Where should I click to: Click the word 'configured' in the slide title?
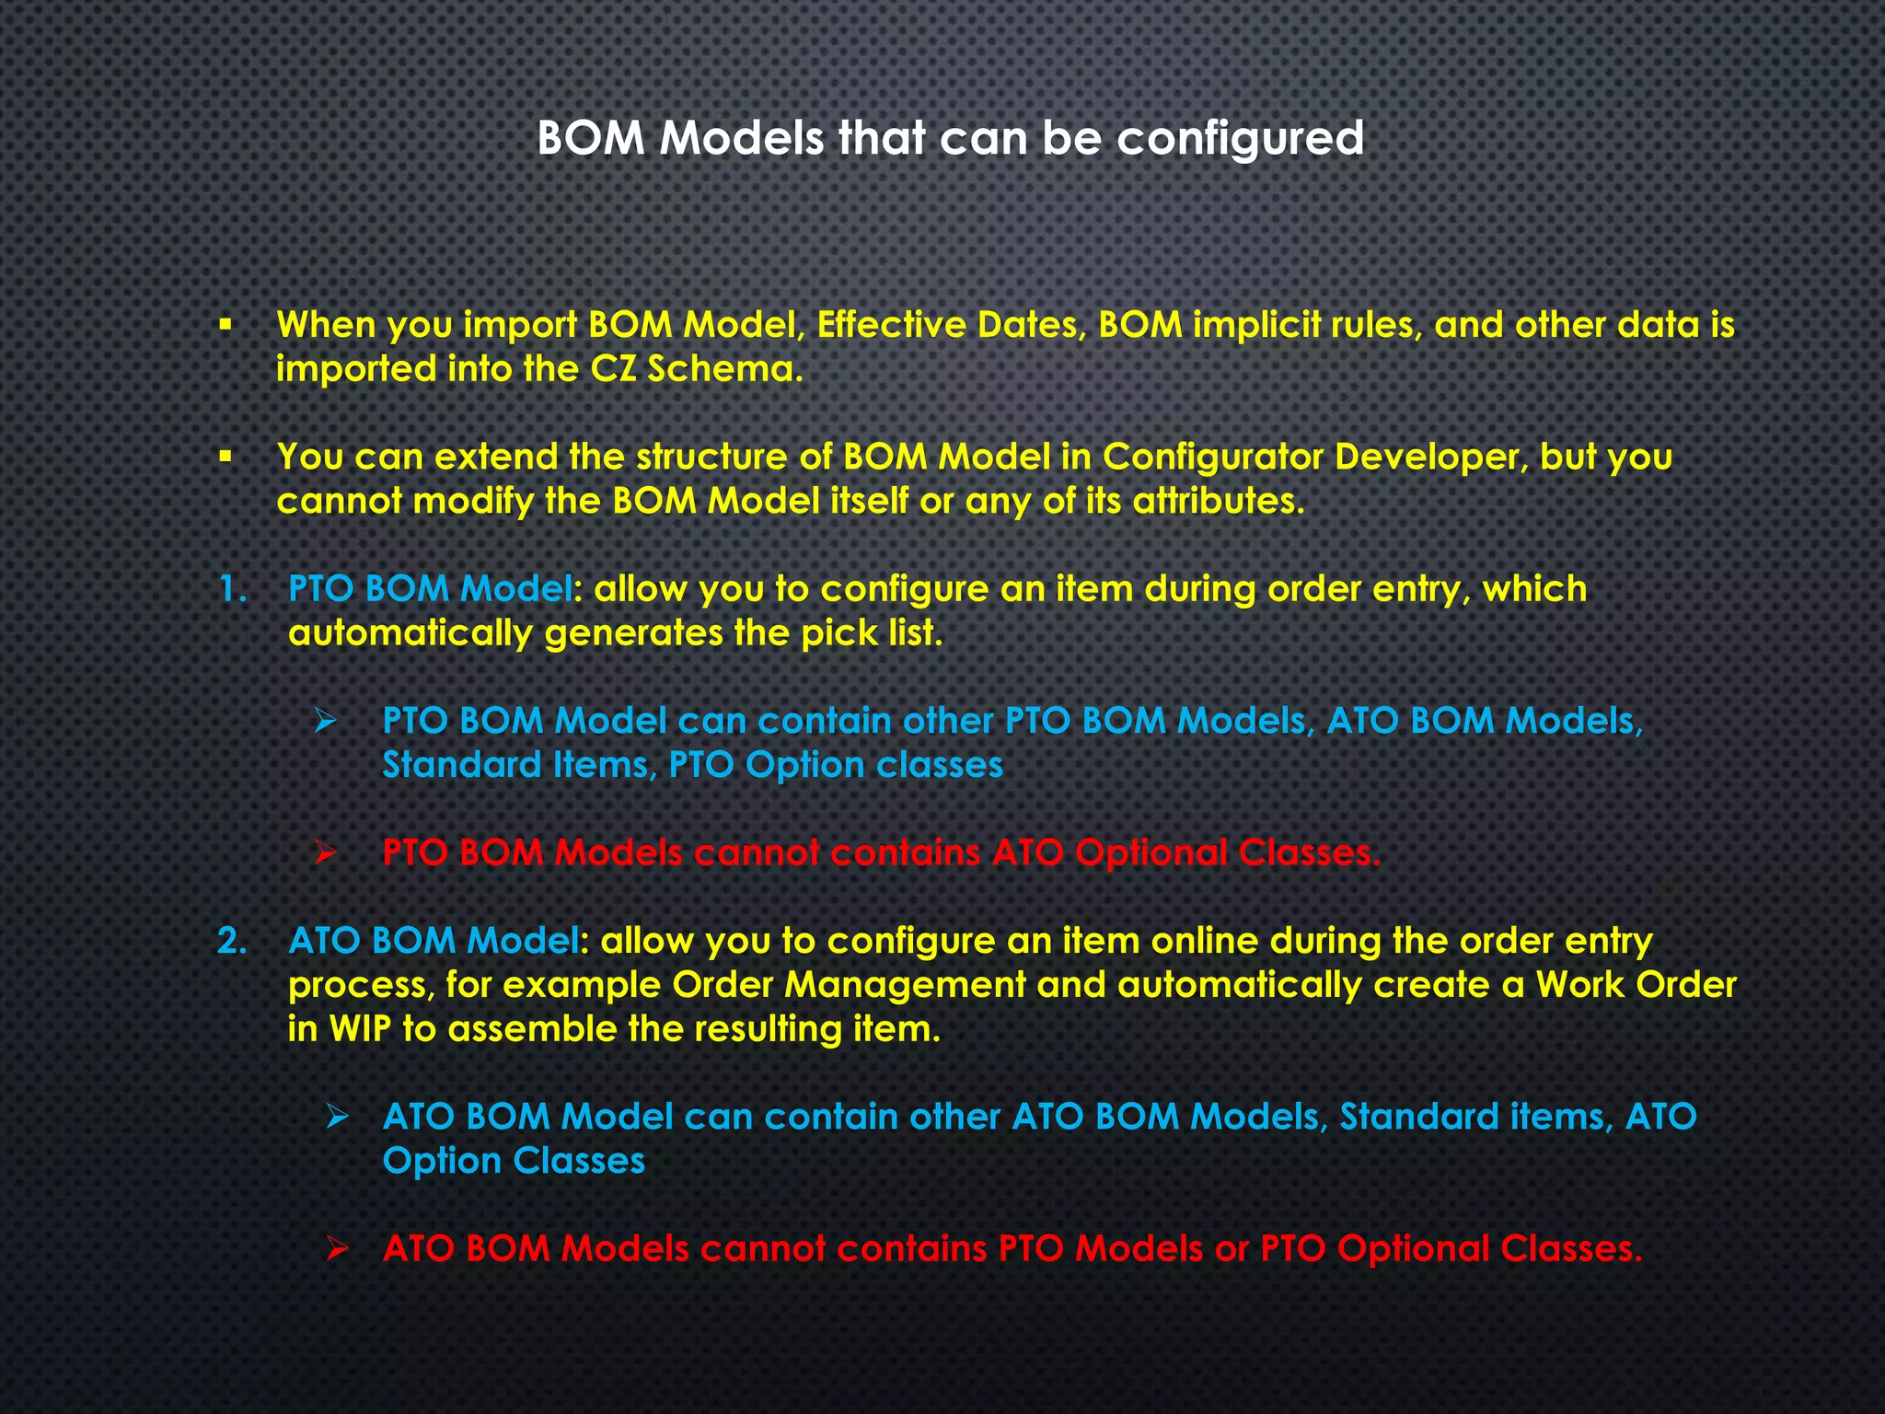[x=1240, y=140]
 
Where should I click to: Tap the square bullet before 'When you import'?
[x=225, y=325]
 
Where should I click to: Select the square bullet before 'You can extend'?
[x=225, y=457]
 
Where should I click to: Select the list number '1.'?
[x=233, y=589]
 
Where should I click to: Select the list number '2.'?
[x=233, y=941]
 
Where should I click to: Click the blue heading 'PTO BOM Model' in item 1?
[x=430, y=589]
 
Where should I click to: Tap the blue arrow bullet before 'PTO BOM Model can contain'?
[x=326, y=721]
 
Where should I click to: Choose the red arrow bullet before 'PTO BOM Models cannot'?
[x=326, y=853]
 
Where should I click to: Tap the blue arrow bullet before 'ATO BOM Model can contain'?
[x=338, y=1117]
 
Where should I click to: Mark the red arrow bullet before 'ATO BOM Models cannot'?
[x=338, y=1249]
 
